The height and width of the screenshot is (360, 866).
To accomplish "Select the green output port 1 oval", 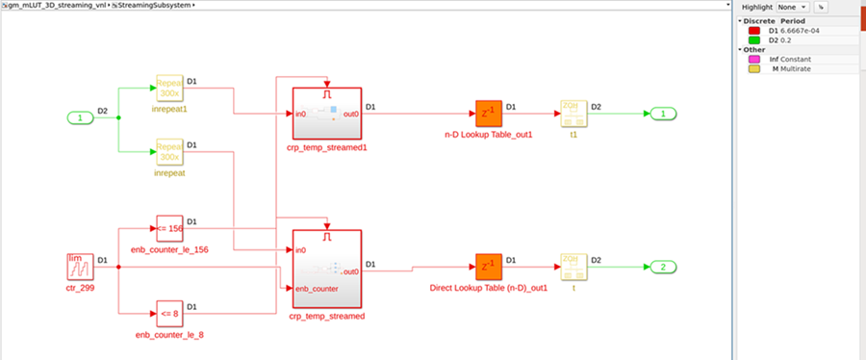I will [x=663, y=114].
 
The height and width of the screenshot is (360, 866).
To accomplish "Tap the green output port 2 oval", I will [x=663, y=266].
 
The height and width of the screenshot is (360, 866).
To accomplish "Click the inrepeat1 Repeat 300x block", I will [x=169, y=88].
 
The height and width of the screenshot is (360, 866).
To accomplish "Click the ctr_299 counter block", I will [x=80, y=266].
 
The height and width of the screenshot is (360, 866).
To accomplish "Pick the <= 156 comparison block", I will [x=169, y=228].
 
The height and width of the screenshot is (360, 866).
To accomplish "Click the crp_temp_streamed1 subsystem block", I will [x=325, y=114].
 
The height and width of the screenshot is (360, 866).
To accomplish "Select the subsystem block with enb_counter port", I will [x=325, y=268].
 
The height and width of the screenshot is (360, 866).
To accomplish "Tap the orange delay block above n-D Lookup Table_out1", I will [x=488, y=114].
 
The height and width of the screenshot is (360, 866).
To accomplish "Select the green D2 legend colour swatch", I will [x=754, y=39].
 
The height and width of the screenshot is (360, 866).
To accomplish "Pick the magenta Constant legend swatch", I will [x=754, y=59].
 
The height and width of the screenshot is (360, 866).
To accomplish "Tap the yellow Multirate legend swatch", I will [x=754, y=68].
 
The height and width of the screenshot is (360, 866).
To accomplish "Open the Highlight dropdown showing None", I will [x=795, y=7].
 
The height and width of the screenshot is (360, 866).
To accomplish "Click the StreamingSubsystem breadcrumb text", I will [x=154, y=5].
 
